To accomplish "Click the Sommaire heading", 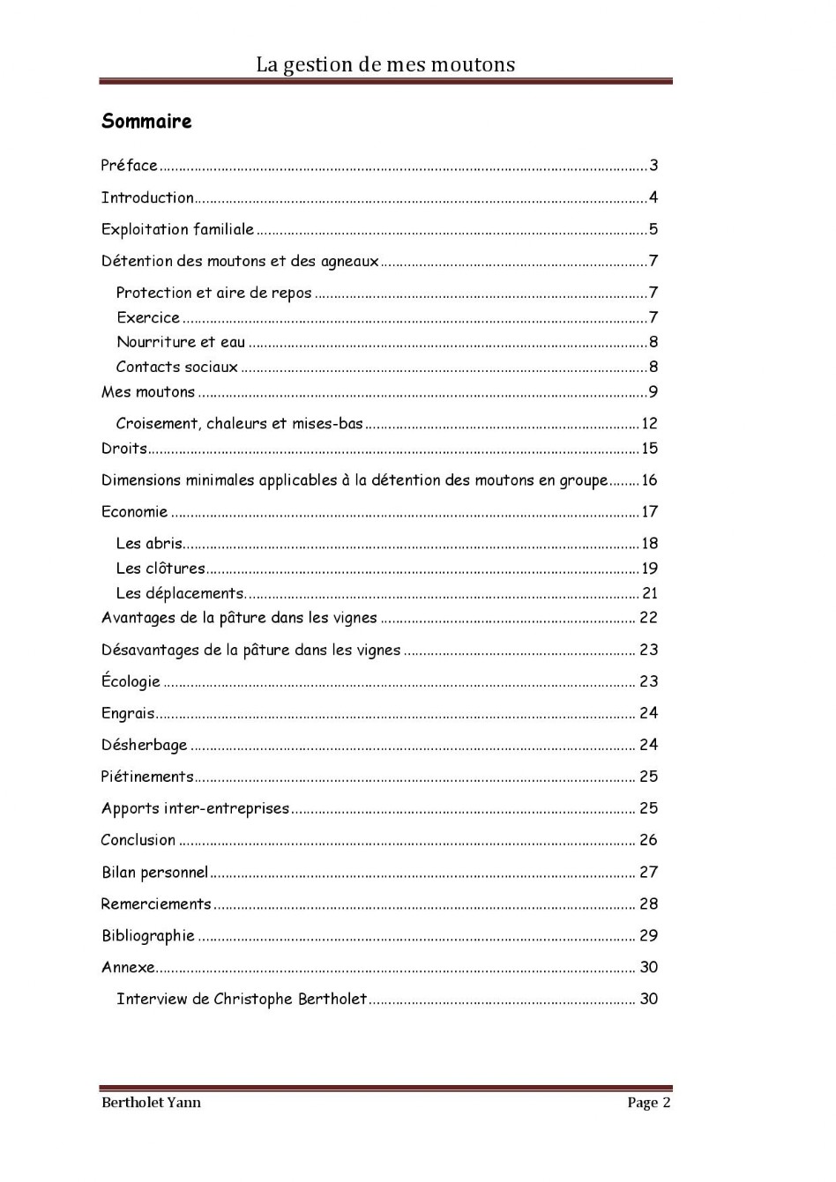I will tap(146, 122).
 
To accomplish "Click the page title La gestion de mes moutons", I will tap(385, 64).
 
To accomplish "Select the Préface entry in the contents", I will tap(130, 166).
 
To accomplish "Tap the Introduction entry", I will tap(147, 197).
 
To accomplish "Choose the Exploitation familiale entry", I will tap(177, 229).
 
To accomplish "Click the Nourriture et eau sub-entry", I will tap(181, 342).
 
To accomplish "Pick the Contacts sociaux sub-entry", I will tap(177, 367).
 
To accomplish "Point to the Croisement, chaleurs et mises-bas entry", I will tap(240, 423).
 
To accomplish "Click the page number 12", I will tap(650, 424).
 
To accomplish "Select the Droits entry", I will tap(124, 449).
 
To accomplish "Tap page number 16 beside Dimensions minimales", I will tap(650, 480).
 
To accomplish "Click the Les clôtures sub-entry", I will tap(160, 569).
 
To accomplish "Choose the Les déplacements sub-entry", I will tap(180, 593).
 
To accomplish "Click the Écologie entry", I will tap(131, 681).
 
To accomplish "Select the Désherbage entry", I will tap(144, 745).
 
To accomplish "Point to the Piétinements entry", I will tap(147, 777).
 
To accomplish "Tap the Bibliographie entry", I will tap(147, 935).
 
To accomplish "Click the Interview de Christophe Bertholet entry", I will tap(242, 999).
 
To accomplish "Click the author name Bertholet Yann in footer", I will tap(151, 1102).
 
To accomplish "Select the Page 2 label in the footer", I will tap(649, 1102).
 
